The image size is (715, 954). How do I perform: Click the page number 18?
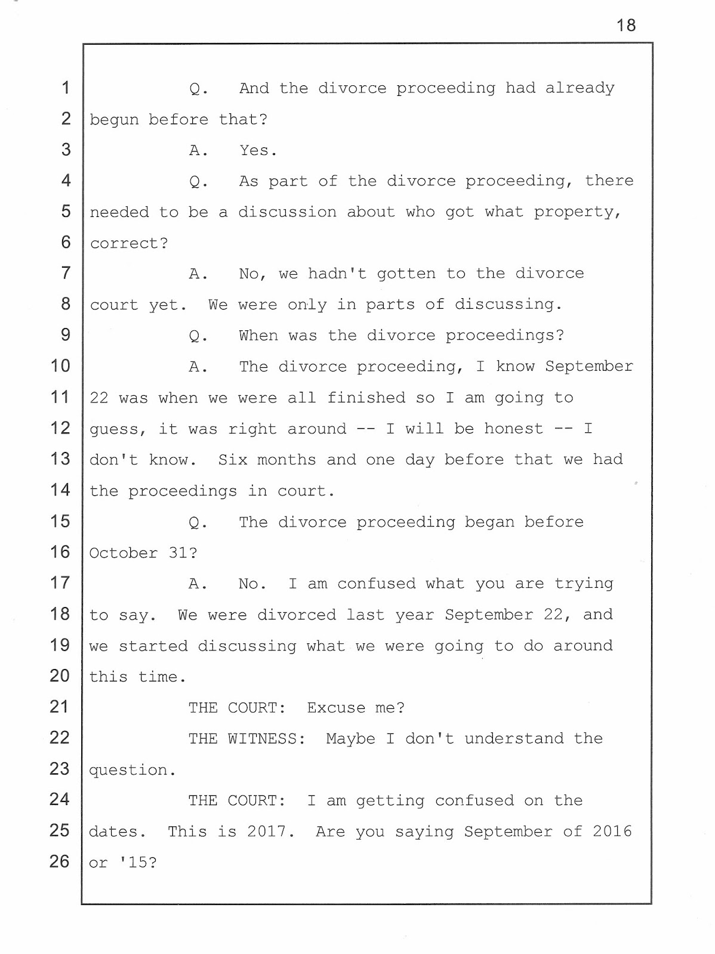(x=626, y=25)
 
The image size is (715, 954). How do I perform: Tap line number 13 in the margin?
(x=60, y=459)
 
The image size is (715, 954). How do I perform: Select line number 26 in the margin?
(x=60, y=862)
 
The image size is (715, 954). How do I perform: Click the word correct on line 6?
(x=124, y=243)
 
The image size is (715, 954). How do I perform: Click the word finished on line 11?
(x=366, y=398)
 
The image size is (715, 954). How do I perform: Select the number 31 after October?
(x=178, y=553)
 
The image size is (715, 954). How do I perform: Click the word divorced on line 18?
(x=297, y=615)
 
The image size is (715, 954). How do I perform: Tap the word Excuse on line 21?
(x=336, y=708)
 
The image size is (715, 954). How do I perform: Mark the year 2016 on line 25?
(x=612, y=832)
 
